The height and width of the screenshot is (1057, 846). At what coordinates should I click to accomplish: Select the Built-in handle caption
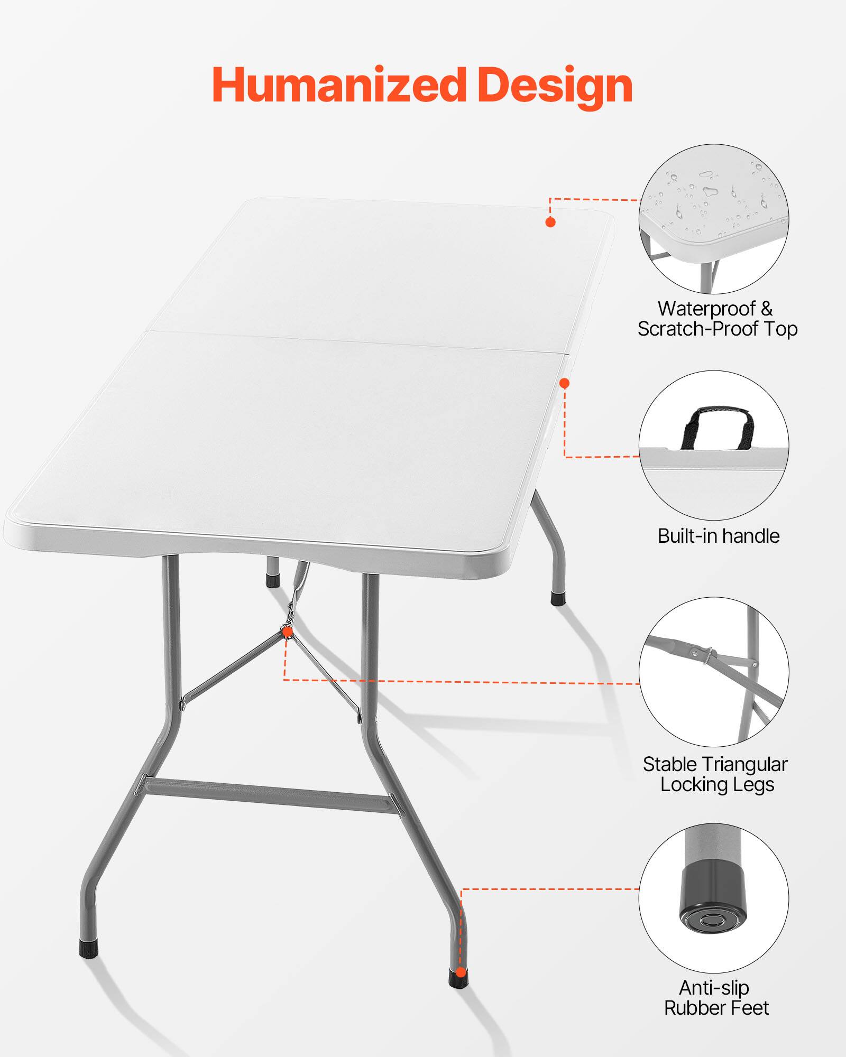pyautogui.click(x=718, y=536)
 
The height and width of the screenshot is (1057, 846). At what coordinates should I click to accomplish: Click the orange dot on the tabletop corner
pyautogui.click(x=550, y=222)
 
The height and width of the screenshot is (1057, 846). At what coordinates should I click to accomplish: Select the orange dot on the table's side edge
pyautogui.click(x=565, y=383)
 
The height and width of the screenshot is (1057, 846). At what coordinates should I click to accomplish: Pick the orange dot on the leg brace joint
pyautogui.click(x=288, y=632)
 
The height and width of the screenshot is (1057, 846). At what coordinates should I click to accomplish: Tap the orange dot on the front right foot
pyautogui.click(x=461, y=972)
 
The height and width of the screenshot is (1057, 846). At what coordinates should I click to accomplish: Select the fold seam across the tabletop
pyautogui.click(x=354, y=341)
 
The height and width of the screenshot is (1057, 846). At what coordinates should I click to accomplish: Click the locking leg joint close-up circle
pyautogui.click(x=714, y=672)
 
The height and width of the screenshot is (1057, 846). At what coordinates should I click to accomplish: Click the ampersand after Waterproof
pyautogui.click(x=766, y=309)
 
